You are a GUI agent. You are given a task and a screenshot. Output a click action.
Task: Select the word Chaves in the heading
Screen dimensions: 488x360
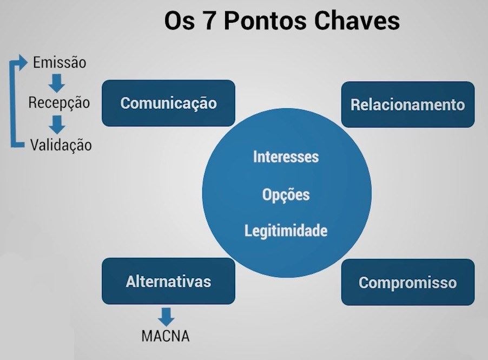click(x=357, y=21)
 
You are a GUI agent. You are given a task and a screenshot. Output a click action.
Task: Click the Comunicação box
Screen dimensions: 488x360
click(x=168, y=103)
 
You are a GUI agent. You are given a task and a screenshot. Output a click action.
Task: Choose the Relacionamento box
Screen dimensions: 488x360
click(x=408, y=104)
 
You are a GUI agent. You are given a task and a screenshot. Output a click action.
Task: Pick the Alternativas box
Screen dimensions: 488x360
click(x=168, y=281)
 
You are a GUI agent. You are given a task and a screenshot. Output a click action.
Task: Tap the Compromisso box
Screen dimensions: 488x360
click(x=408, y=282)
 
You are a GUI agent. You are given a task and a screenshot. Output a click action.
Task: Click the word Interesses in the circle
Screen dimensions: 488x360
click(x=286, y=156)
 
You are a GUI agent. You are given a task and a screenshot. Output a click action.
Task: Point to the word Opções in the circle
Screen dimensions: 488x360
click(x=286, y=195)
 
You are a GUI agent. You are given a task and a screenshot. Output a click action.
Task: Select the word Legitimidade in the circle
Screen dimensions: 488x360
click(x=286, y=231)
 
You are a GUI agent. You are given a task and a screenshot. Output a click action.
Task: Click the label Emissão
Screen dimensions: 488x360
click(x=60, y=62)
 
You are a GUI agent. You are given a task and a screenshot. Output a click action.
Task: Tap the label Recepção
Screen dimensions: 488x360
click(x=59, y=103)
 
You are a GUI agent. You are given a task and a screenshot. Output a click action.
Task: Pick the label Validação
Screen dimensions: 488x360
click(x=61, y=145)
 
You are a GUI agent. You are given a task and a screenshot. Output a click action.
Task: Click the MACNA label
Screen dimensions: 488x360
click(x=166, y=336)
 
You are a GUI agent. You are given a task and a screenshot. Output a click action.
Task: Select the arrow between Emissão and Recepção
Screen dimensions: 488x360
click(x=57, y=83)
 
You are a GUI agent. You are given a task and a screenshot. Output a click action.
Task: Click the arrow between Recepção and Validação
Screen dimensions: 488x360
click(x=57, y=125)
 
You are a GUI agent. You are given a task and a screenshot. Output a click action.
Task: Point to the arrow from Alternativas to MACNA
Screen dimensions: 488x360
click(x=166, y=317)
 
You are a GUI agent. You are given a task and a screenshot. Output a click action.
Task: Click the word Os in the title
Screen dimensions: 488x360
click(x=179, y=21)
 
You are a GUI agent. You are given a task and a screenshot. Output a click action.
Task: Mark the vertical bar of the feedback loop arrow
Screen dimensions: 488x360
click(x=13, y=103)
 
